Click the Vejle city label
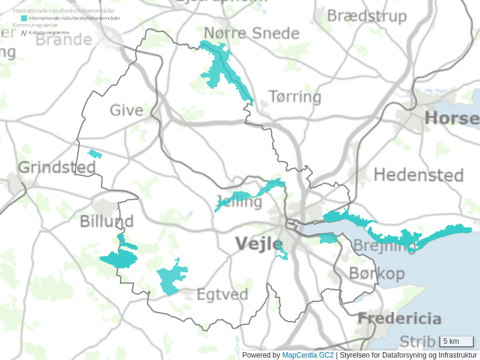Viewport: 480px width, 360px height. coord(258,244)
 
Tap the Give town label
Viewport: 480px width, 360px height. coord(126,110)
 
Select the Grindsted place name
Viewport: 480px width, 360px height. coord(57,167)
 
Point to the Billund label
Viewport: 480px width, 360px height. coord(106,222)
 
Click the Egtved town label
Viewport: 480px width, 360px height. coord(222,295)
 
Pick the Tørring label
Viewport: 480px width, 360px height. coord(295,97)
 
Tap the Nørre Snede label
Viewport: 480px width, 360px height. coord(251,33)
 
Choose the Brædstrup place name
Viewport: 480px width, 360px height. coord(367,16)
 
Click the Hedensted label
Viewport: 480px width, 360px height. coord(418,175)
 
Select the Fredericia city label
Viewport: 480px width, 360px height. coord(400,319)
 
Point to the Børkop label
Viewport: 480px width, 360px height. coord(377,274)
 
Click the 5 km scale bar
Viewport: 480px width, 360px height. coord(457,341)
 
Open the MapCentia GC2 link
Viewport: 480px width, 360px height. coord(308,355)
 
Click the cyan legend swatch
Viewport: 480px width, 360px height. coord(24,18)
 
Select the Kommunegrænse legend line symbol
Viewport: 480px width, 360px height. coord(24,32)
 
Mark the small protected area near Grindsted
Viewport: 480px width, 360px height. coord(95,154)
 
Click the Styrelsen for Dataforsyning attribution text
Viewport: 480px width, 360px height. coord(408,355)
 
